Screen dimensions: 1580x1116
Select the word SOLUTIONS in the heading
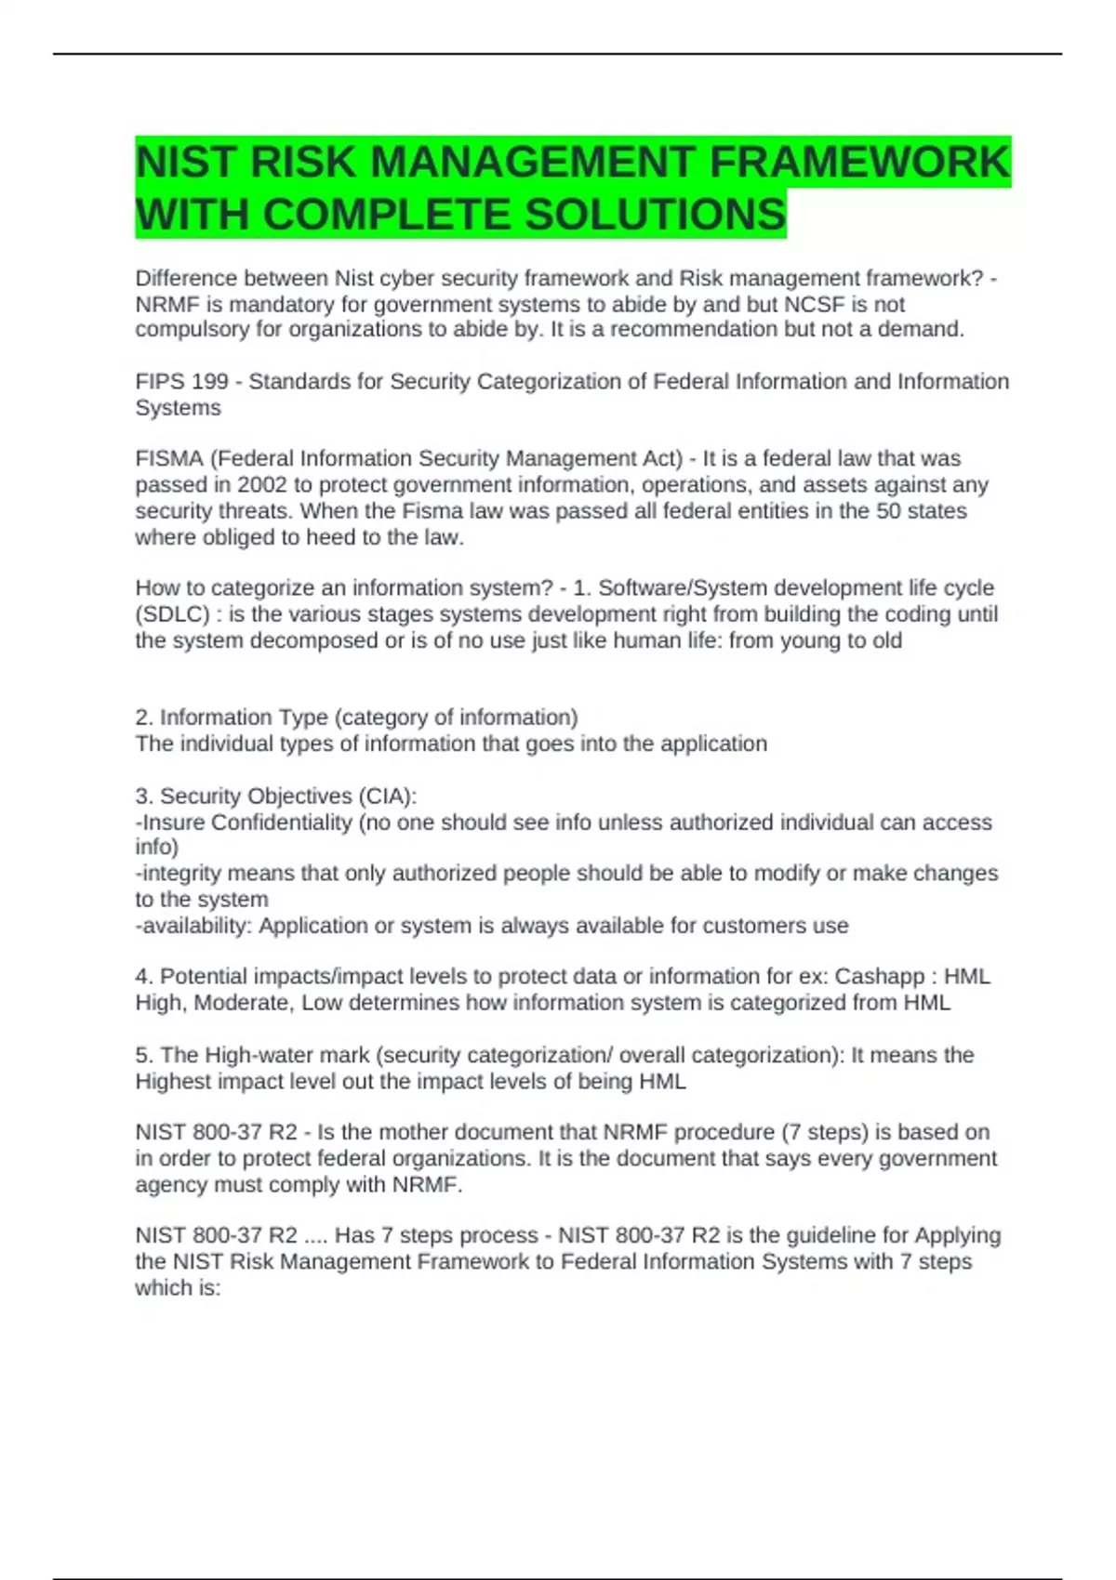click(x=656, y=215)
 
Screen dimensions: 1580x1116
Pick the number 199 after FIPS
click(x=209, y=381)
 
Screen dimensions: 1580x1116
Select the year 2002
click(x=262, y=484)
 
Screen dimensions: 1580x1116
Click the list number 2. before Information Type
click(x=144, y=718)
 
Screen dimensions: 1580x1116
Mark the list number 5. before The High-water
click(x=144, y=1055)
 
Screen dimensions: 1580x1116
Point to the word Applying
click(x=958, y=1235)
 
